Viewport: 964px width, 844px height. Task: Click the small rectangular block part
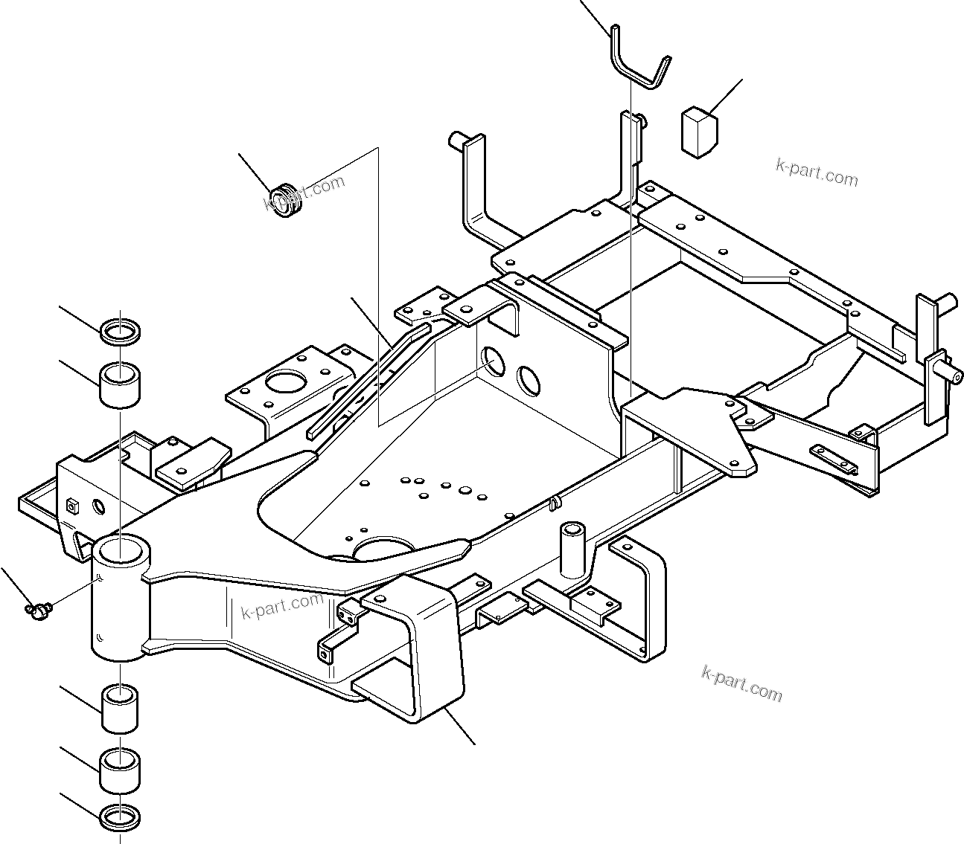point(698,132)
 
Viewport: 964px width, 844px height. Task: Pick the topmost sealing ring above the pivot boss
point(121,332)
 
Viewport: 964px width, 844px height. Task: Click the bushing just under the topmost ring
point(121,384)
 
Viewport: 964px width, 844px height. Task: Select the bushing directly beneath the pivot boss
point(121,709)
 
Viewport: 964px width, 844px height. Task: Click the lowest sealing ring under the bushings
point(121,816)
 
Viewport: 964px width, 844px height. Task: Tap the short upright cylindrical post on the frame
point(573,549)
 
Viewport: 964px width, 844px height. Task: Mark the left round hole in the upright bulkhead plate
point(493,361)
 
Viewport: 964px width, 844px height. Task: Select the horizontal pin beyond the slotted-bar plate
point(944,367)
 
